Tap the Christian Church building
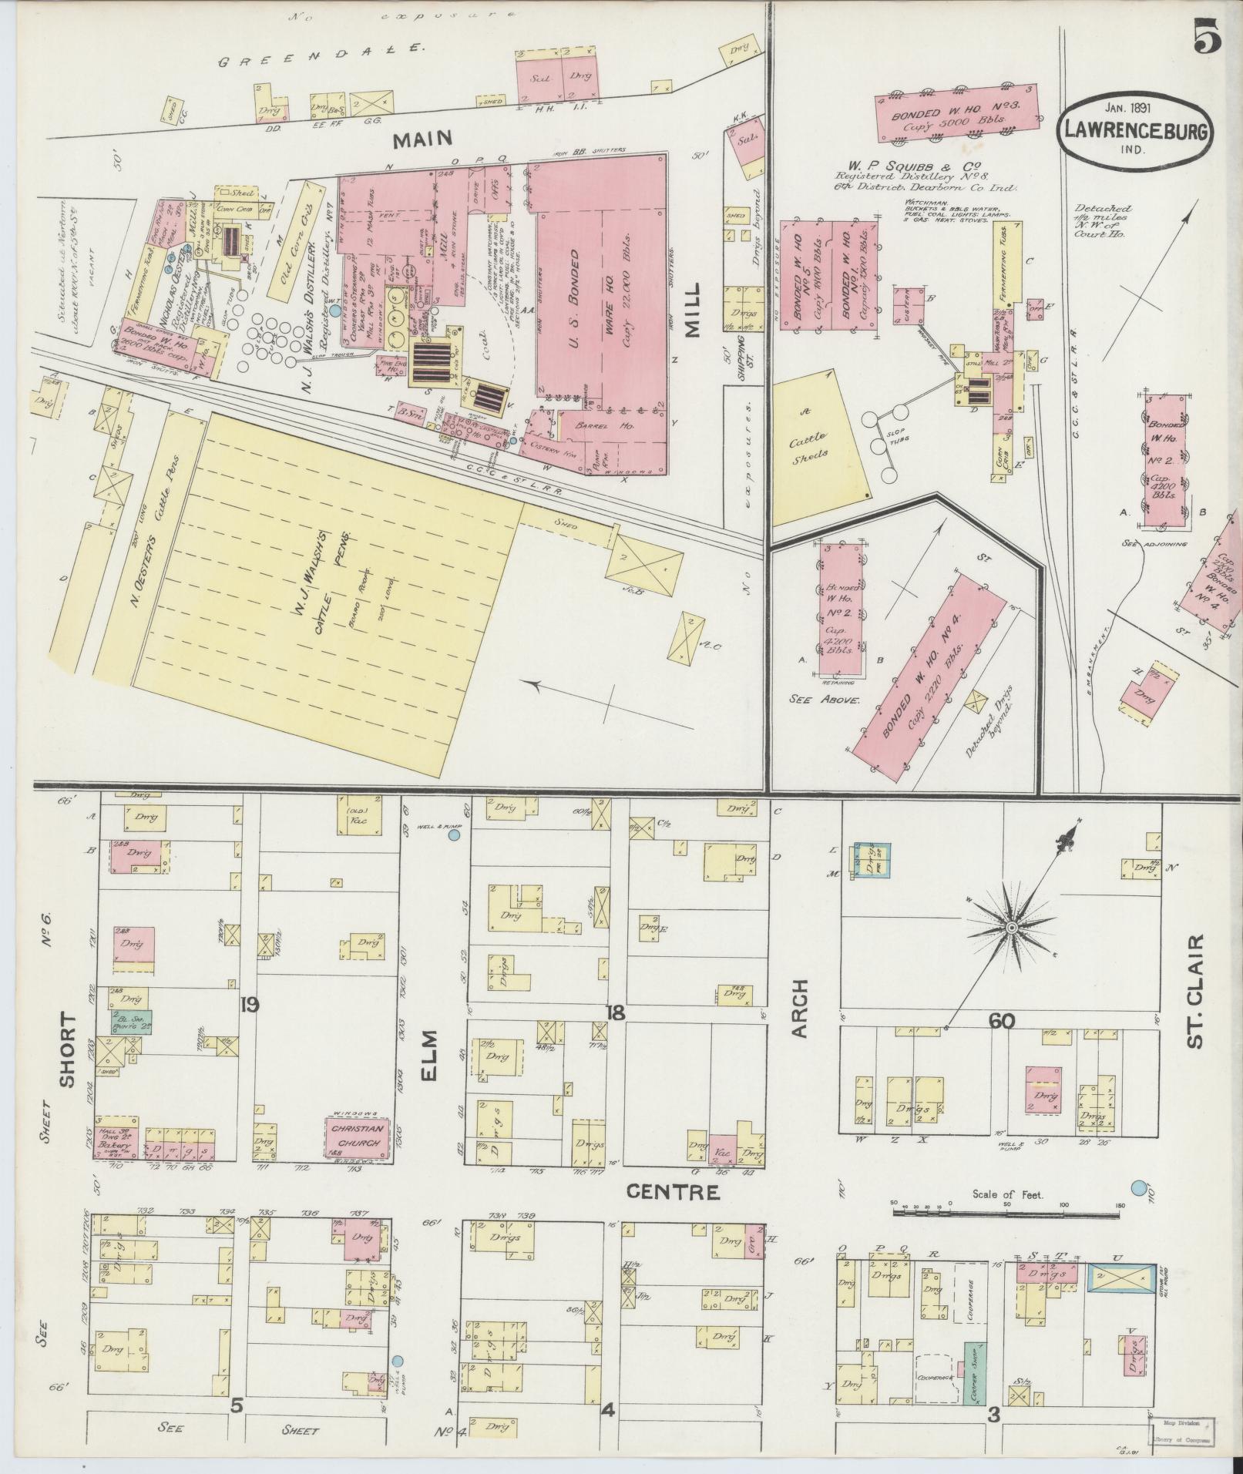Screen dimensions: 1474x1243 [x=355, y=1137]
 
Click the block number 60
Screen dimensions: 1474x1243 [x=1003, y=1021]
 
